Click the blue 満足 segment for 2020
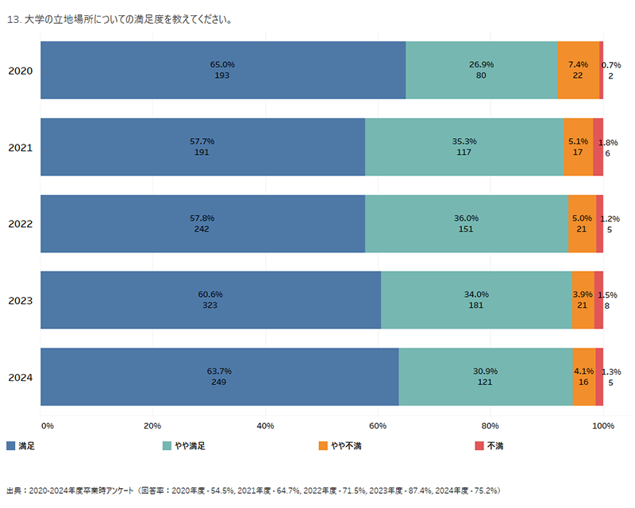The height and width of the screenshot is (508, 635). coord(223,70)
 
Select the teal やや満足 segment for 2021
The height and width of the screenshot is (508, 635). coord(464,147)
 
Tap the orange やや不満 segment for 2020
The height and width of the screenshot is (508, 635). coord(578,70)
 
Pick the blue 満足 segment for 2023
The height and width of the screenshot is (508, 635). coord(210,300)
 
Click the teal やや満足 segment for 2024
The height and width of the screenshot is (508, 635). coord(486,376)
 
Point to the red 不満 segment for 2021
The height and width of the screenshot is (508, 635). coord(598,147)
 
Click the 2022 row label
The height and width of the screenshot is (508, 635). coord(20,224)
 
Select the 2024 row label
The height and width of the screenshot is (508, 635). coord(20,377)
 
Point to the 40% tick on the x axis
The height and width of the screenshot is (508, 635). coord(265,426)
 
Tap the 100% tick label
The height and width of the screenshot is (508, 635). coord(603,426)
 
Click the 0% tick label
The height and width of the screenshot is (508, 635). coord(47,426)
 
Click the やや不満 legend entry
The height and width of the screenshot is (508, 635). coord(341,446)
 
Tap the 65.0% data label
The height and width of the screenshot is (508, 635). coord(222,64)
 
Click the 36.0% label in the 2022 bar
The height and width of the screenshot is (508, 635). coord(466,218)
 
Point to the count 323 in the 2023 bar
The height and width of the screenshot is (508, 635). coord(210,306)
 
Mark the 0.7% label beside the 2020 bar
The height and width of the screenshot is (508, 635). coord(611,65)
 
